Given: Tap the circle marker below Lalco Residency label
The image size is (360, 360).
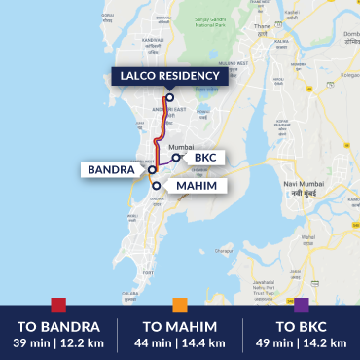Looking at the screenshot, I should pos(168,96).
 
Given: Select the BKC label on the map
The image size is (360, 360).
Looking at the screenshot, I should pos(205,157).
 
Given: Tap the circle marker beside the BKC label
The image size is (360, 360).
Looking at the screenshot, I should pos(175,157).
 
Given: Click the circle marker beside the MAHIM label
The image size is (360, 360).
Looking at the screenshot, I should pos(157,184).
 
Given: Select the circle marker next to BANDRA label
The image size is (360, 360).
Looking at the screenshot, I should pos(152,169).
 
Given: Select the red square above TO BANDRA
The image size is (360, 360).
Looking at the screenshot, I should pos(58,305).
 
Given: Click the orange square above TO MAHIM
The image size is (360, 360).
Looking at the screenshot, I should pos(179,305).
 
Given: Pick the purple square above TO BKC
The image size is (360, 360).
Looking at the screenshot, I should pos(301,305).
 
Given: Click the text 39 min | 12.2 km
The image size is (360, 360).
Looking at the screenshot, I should pos(58,342).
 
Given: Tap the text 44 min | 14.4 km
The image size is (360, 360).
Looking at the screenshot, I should pos(180,342).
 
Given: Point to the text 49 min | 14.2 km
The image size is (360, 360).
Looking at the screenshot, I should pos(301,342).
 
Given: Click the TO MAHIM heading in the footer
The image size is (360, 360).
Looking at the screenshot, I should pos(180,326).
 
